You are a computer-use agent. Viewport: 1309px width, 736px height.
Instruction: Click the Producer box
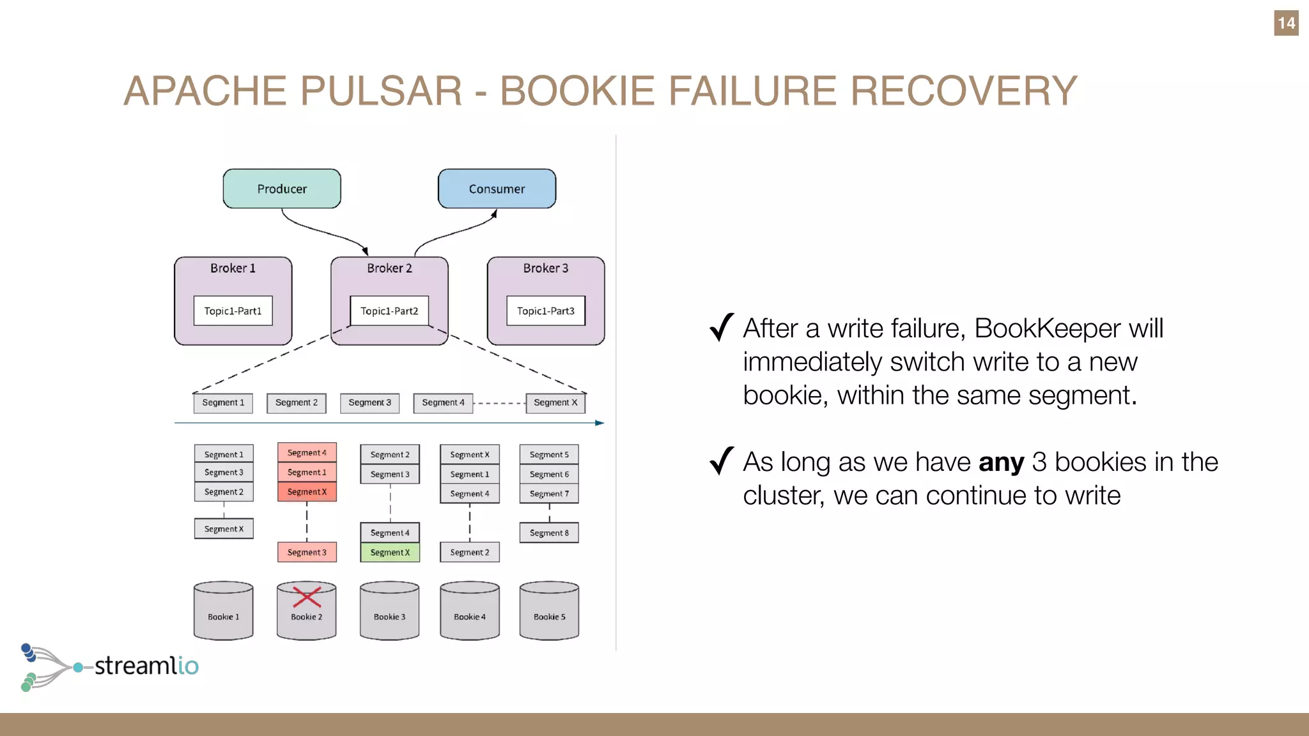coord(282,188)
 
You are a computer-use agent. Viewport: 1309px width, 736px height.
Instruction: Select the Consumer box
coord(497,188)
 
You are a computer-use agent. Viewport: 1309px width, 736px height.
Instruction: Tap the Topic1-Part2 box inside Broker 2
coord(389,311)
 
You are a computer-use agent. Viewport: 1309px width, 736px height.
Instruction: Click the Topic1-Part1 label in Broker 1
coord(233,311)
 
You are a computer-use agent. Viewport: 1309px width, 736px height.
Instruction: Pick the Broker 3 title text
coord(545,268)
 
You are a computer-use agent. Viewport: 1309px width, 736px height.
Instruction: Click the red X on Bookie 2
coord(307,597)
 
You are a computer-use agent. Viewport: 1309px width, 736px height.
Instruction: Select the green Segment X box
coord(390,553)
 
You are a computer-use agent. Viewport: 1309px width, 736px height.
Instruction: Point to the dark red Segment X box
coord(307,492)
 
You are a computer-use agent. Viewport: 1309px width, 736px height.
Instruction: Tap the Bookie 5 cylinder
coord(549,610)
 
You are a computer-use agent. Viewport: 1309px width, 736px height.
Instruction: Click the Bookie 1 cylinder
coord(223,610)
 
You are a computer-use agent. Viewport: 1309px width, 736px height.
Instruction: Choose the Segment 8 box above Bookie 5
coord(549,533)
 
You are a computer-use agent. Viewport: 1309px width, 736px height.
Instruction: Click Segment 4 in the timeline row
coord(443,402)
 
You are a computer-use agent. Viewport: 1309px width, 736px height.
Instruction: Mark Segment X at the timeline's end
coord(555,402)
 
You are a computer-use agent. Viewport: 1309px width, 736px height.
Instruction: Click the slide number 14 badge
coord(1286,24)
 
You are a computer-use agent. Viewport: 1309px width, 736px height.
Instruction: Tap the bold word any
coord(1001,463)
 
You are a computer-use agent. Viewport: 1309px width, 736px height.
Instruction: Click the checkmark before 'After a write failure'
coord(722,328)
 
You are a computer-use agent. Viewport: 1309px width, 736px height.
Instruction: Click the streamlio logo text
coord(146,666)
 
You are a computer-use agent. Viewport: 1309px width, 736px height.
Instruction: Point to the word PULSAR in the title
coord(381,91)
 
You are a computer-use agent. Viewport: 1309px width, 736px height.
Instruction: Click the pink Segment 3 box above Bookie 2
coord(307,553)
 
